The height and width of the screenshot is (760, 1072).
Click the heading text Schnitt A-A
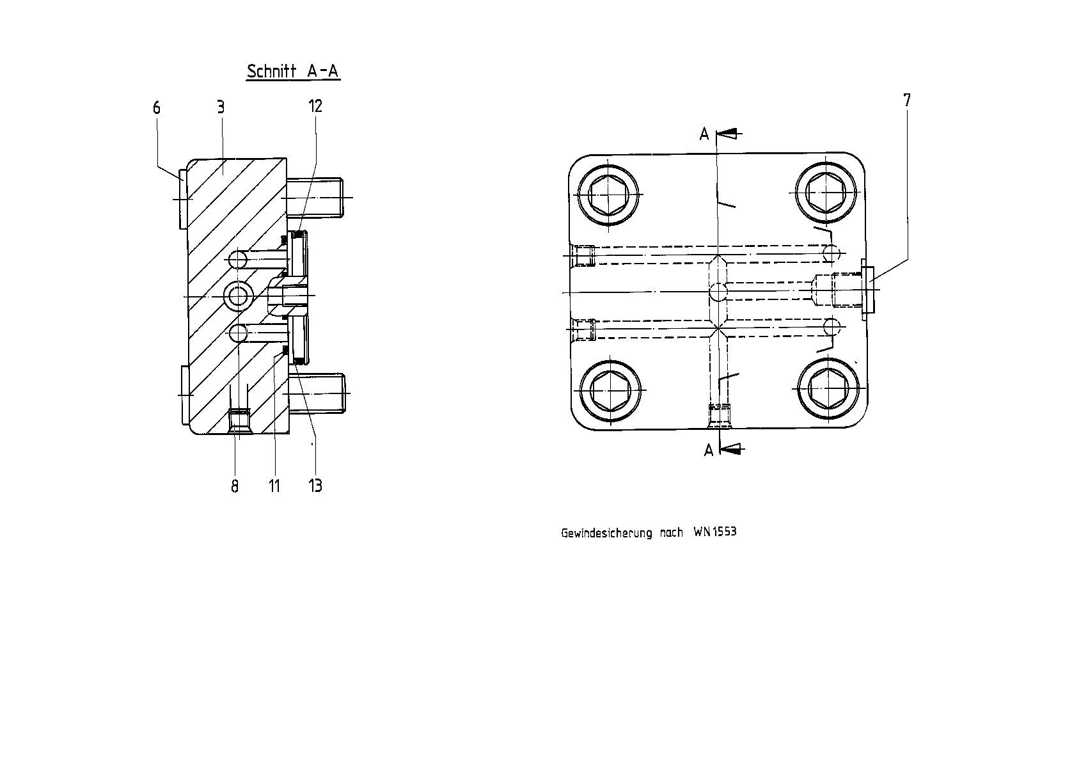pyautogui.click(x=293, y=71)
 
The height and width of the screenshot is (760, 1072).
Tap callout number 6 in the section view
pyautogui.click(x=157, y=107)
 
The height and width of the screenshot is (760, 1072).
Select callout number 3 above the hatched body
pyautogui.click(x=221, y=107)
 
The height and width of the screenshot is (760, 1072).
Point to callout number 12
pyautogui.click(x=315, y=106)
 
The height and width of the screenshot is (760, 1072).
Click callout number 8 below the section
pyautogui.click(x=235, y=486)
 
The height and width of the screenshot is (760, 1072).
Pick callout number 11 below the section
pyautogui.click(x=274, y=486)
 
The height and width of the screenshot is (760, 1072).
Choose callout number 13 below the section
pyautogui.click(x=315, y=486)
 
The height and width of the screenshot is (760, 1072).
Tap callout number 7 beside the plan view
pyautogui.click(x=907, y=100)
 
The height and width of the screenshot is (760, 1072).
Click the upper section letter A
pyautogui.click(x=704, y=134)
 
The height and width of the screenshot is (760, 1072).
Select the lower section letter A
pyautogui.click(x=709, y=450)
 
